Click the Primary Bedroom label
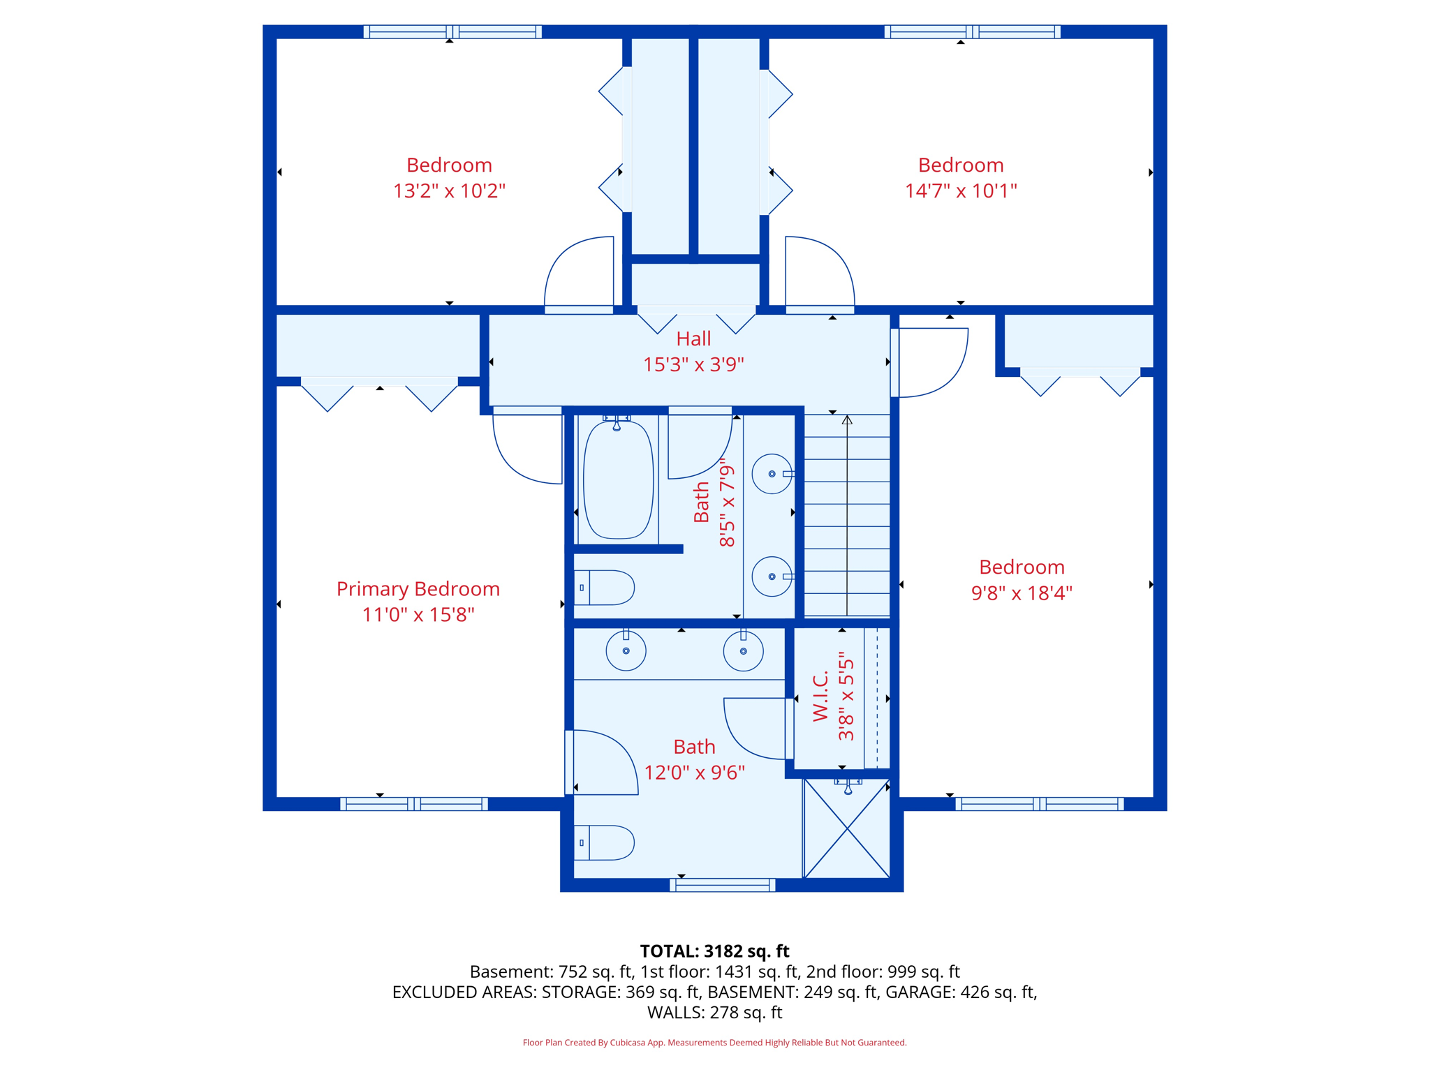pos(418,589)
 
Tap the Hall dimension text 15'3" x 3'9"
pos(693,364)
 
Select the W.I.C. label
pos(821,697)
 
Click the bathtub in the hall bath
pos(618,479)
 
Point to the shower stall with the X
pos(846,828)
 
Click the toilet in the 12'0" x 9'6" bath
pos(604,842)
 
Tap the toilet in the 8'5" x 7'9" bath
pos(604,588)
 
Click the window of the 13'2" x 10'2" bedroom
pos(452,31)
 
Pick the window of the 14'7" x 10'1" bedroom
pos(973,31)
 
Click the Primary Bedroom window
pos(414,804)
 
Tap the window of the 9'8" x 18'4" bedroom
pos(1040,804)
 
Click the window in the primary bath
pos(723,885)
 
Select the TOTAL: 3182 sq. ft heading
pos(714,951)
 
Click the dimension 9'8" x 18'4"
pos(1022,593)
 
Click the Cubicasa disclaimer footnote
pos(714,1043)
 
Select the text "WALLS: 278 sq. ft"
pos(714,1013)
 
